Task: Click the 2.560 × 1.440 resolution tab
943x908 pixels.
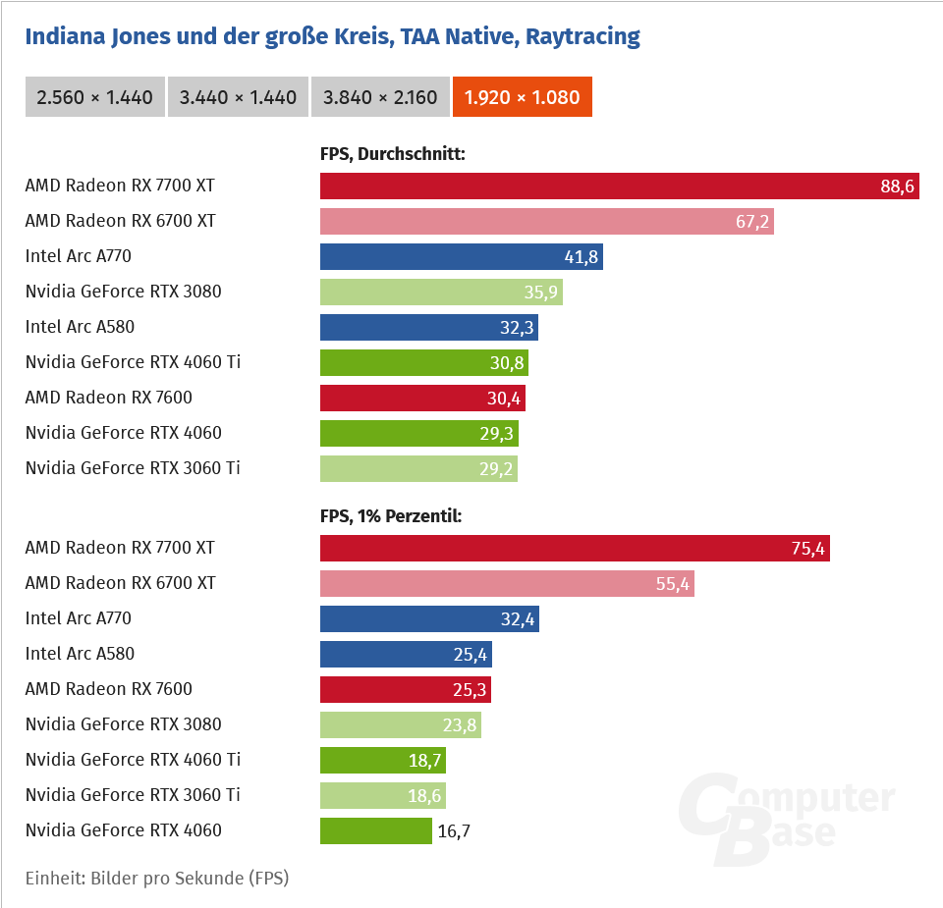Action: [x=94, y=97]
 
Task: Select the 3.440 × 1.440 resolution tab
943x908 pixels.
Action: [x=238, y=97]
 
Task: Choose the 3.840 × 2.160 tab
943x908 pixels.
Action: [x=380, y=97]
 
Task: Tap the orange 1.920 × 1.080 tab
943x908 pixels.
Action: [x=522, y=97]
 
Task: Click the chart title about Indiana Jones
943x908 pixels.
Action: [x=332, y=37]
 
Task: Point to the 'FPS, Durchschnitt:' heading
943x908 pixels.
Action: [x=392, y=153]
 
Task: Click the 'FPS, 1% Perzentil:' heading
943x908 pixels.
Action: [x=390, y=515]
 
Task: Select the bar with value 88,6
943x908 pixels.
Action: [x=619, y=186]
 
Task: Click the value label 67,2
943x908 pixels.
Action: [x=751, y=222]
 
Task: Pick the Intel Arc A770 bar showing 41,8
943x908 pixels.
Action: [x=461, y=257]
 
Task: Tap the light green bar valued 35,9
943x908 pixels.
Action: [x=441, y=293]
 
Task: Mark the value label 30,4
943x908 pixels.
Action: [x=505, y=399]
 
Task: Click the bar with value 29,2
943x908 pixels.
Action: [x=418, y=469]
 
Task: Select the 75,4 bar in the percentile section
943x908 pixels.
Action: [x=575, y=548]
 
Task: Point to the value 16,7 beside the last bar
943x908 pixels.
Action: [x=454, y=831]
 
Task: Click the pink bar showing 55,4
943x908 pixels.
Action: [x=507, y=584]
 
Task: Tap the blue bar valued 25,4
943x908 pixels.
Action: [x=406, y=655]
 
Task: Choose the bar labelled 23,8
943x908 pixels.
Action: [x=401, y=725]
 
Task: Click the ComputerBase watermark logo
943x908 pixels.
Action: [x=786, y=816]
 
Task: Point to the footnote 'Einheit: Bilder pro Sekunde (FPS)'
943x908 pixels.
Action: [x=157, y=878]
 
